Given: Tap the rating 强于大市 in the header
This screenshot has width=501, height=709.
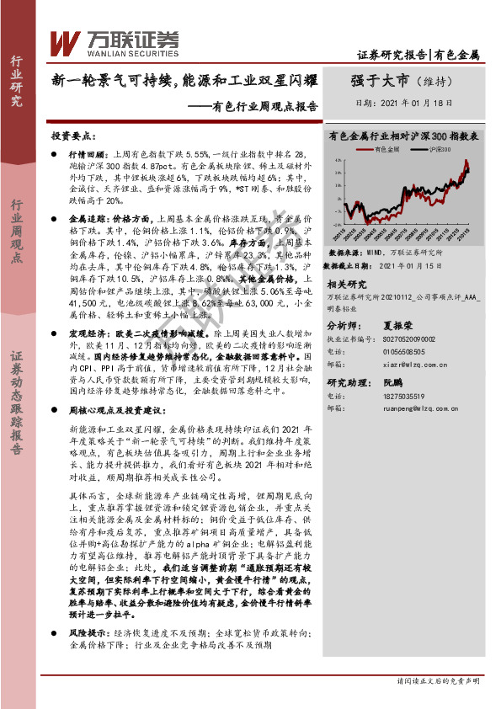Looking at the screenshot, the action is point(379,81).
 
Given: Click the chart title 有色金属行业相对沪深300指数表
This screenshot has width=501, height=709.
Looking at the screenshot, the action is point(404,134).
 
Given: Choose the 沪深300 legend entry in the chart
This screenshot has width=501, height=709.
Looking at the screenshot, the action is point(418,149).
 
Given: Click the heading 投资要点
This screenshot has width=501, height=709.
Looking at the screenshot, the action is point(72,135).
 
